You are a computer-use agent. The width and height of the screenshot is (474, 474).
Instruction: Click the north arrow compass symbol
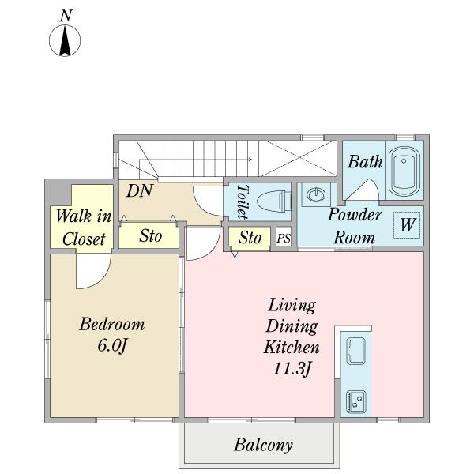[65, 40]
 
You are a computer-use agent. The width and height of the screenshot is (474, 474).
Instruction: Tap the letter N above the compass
[66, 16]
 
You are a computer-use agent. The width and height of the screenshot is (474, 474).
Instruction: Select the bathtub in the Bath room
[404, 171]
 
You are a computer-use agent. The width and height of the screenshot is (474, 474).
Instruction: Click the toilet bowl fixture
[274, 201]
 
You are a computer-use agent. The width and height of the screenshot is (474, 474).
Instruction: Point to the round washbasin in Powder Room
[316, 194]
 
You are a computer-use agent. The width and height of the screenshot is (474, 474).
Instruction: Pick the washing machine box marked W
[407, 225]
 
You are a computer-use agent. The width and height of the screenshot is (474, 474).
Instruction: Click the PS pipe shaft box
[284, 238]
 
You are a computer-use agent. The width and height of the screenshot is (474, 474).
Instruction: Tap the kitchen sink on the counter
[355, 351]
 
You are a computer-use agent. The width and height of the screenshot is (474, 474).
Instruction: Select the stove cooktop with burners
[356, 401]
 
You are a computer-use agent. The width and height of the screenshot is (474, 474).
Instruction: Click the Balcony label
[263, 445]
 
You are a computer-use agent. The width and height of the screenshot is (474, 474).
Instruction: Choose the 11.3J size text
[292, 368]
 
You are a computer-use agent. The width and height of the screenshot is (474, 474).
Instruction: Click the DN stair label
[139, 191]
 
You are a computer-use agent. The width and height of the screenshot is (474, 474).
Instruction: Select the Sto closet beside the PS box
[250, 239]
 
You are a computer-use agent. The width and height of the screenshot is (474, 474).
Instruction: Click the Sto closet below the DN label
[149, 235]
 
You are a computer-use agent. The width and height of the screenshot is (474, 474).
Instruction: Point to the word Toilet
[243, 201]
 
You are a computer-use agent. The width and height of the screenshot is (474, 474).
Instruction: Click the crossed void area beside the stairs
[298, 158]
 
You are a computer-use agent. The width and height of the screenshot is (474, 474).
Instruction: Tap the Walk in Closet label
[84, 228]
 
